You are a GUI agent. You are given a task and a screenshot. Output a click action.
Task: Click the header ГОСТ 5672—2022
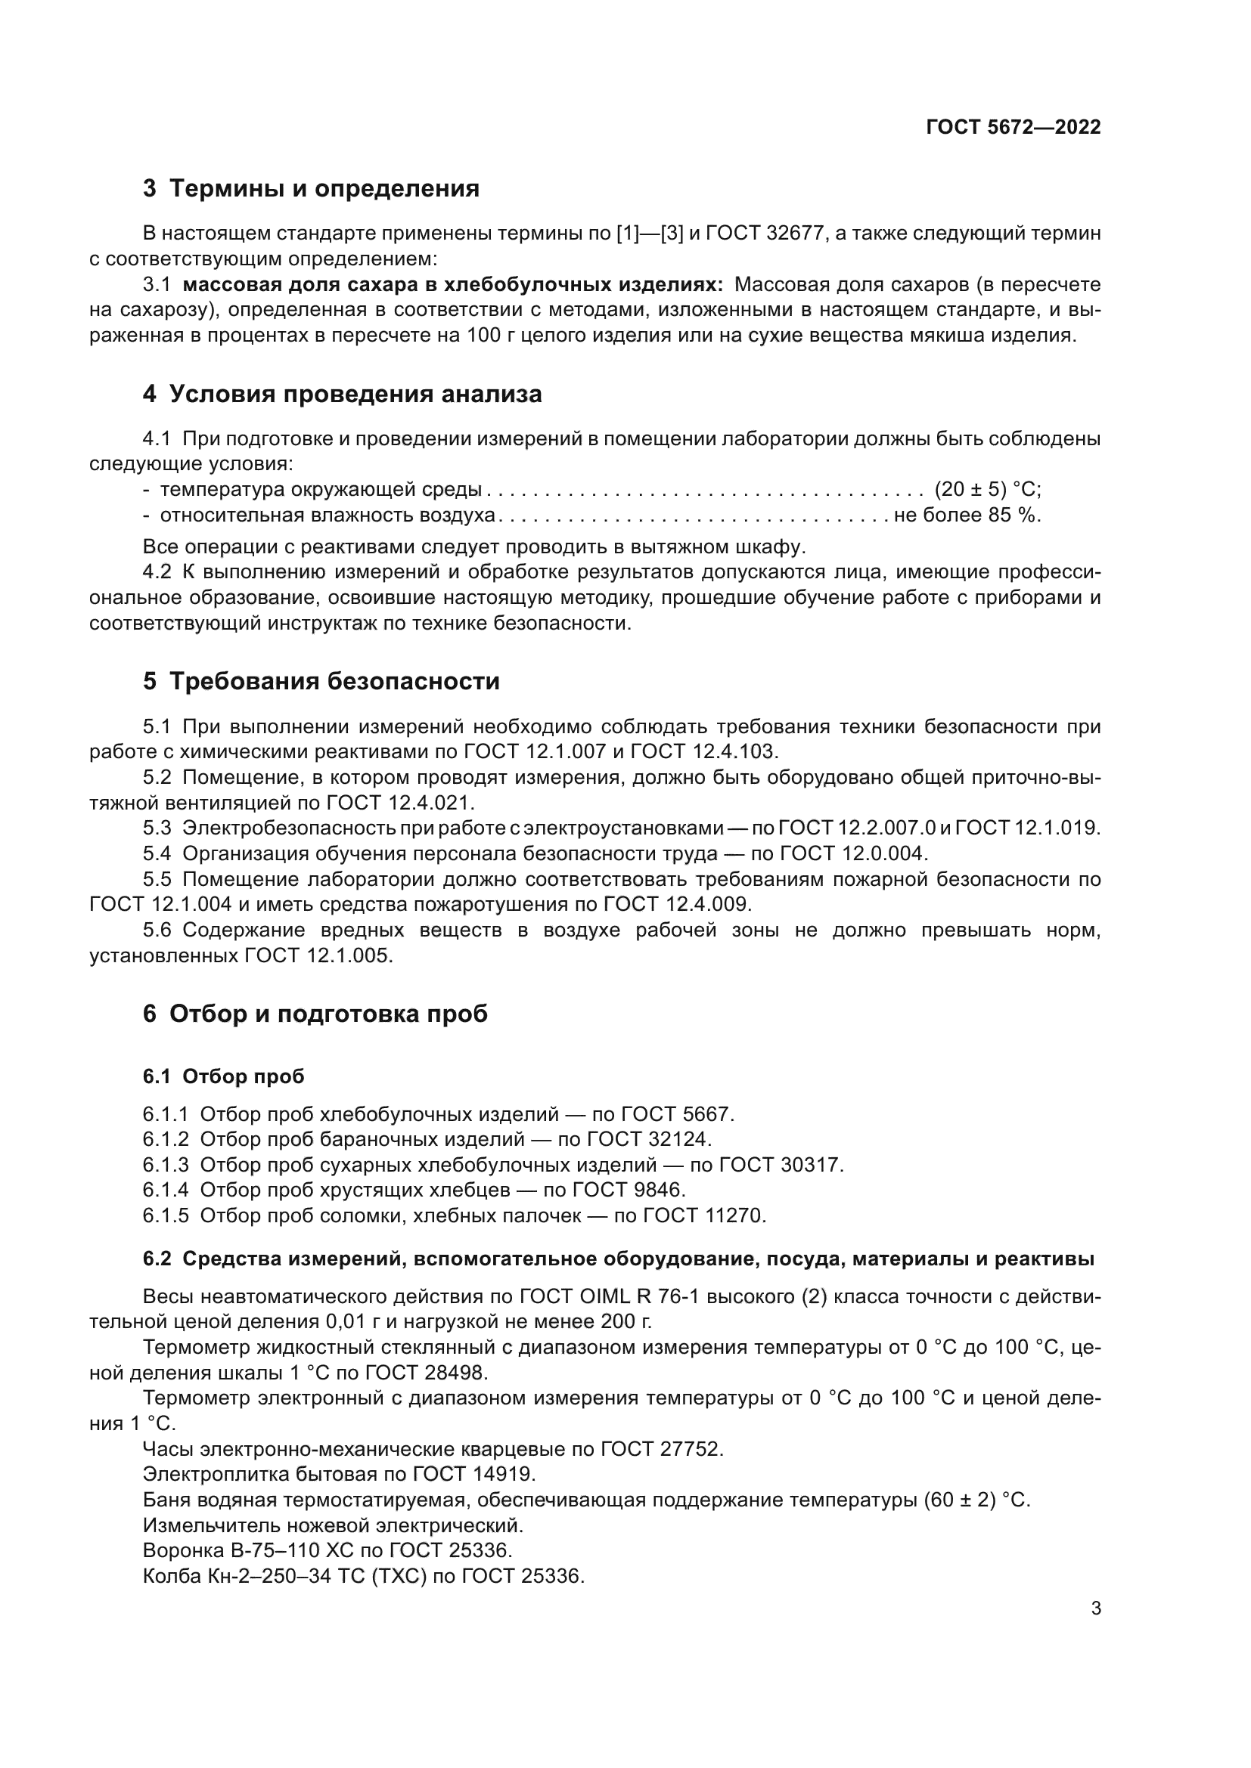point(1013,127)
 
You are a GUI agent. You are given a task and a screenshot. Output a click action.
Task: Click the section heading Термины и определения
point(324,189)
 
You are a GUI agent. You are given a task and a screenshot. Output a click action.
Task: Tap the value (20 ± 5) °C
point(987,490)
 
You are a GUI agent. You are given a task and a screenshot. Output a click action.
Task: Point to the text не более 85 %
point(967,516)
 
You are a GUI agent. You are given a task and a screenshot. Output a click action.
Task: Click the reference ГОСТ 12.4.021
point(400,803)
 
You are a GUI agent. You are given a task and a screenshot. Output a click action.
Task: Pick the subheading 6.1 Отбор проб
point(223,1076)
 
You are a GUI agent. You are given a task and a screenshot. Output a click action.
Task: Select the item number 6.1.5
point(166,1216)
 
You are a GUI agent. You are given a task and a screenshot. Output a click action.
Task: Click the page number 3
point(1096,1609)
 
